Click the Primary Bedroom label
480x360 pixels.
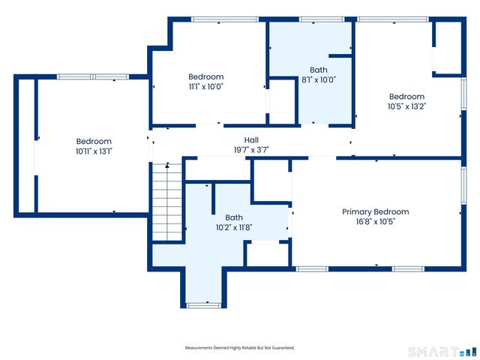[x=375, y=211]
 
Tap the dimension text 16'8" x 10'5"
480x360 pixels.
[x=375, y=222]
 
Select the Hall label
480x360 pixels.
[x=251, y=139]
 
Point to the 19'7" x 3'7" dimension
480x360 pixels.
[x=251, y=150]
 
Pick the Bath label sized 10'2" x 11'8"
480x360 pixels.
[x=234, y=217]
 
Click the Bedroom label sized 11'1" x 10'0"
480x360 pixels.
[x=205, y=76]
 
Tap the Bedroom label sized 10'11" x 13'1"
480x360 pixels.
[x=94, y=141]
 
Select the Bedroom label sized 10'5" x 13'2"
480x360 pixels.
[x=406, y=96]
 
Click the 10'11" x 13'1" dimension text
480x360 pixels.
[x=94, y=151]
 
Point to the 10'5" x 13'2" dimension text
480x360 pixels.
[x=406, y=106]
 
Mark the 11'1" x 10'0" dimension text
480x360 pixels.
[x=205, y=86]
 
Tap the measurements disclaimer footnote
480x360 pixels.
[x=240, y=348]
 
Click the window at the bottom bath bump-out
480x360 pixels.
[x=202, y=305]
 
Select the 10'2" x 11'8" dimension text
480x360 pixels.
[x=234, y=227]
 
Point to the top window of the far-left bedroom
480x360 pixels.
[x=93, y=76]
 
